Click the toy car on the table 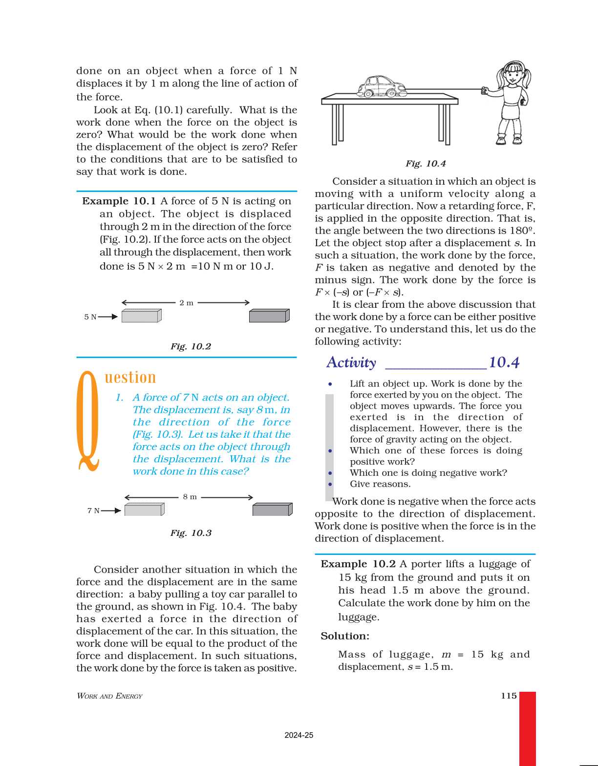pyautogui.click(x=382, y=87)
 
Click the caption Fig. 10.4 pyautogui.click(x=426, y=164)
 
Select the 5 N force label pyautogui.click(x=90, y=317)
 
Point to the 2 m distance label pyautogui.click(x=186, y=303)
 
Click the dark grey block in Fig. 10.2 pyautogui.click(x=269, y=316)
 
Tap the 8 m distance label pyautogui.click(x=190, y=497)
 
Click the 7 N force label pyautogui.click(x=93, y=511)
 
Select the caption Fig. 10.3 pyautogui.click(x=191, y=533)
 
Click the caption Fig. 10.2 pyautogui.click(x=191, y=346)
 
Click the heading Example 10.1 pyautogui.click(x=119, y=201)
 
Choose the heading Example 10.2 pyautogui.click(x=358, y=564)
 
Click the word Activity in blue pyautogui.click(x=351, y=362)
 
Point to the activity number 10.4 pyautogui.click(x=504, y=362)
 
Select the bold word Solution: pyautogui.click(x=345, y=636)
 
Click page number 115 pyautogui.click(x=509, y=696)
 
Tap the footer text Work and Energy pyautogui.click(x=109, y=696)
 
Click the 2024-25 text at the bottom pyautogui.click(x=299, y=735)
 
